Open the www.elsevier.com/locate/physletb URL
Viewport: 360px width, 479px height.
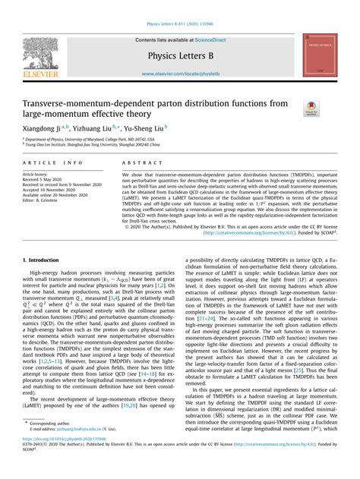click(x=180, y=74)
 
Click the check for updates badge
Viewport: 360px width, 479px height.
click(x=312, y=108)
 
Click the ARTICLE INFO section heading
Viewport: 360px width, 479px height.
click(x=53, y=163)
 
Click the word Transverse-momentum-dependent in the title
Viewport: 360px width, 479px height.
click(x=95, y=102)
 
